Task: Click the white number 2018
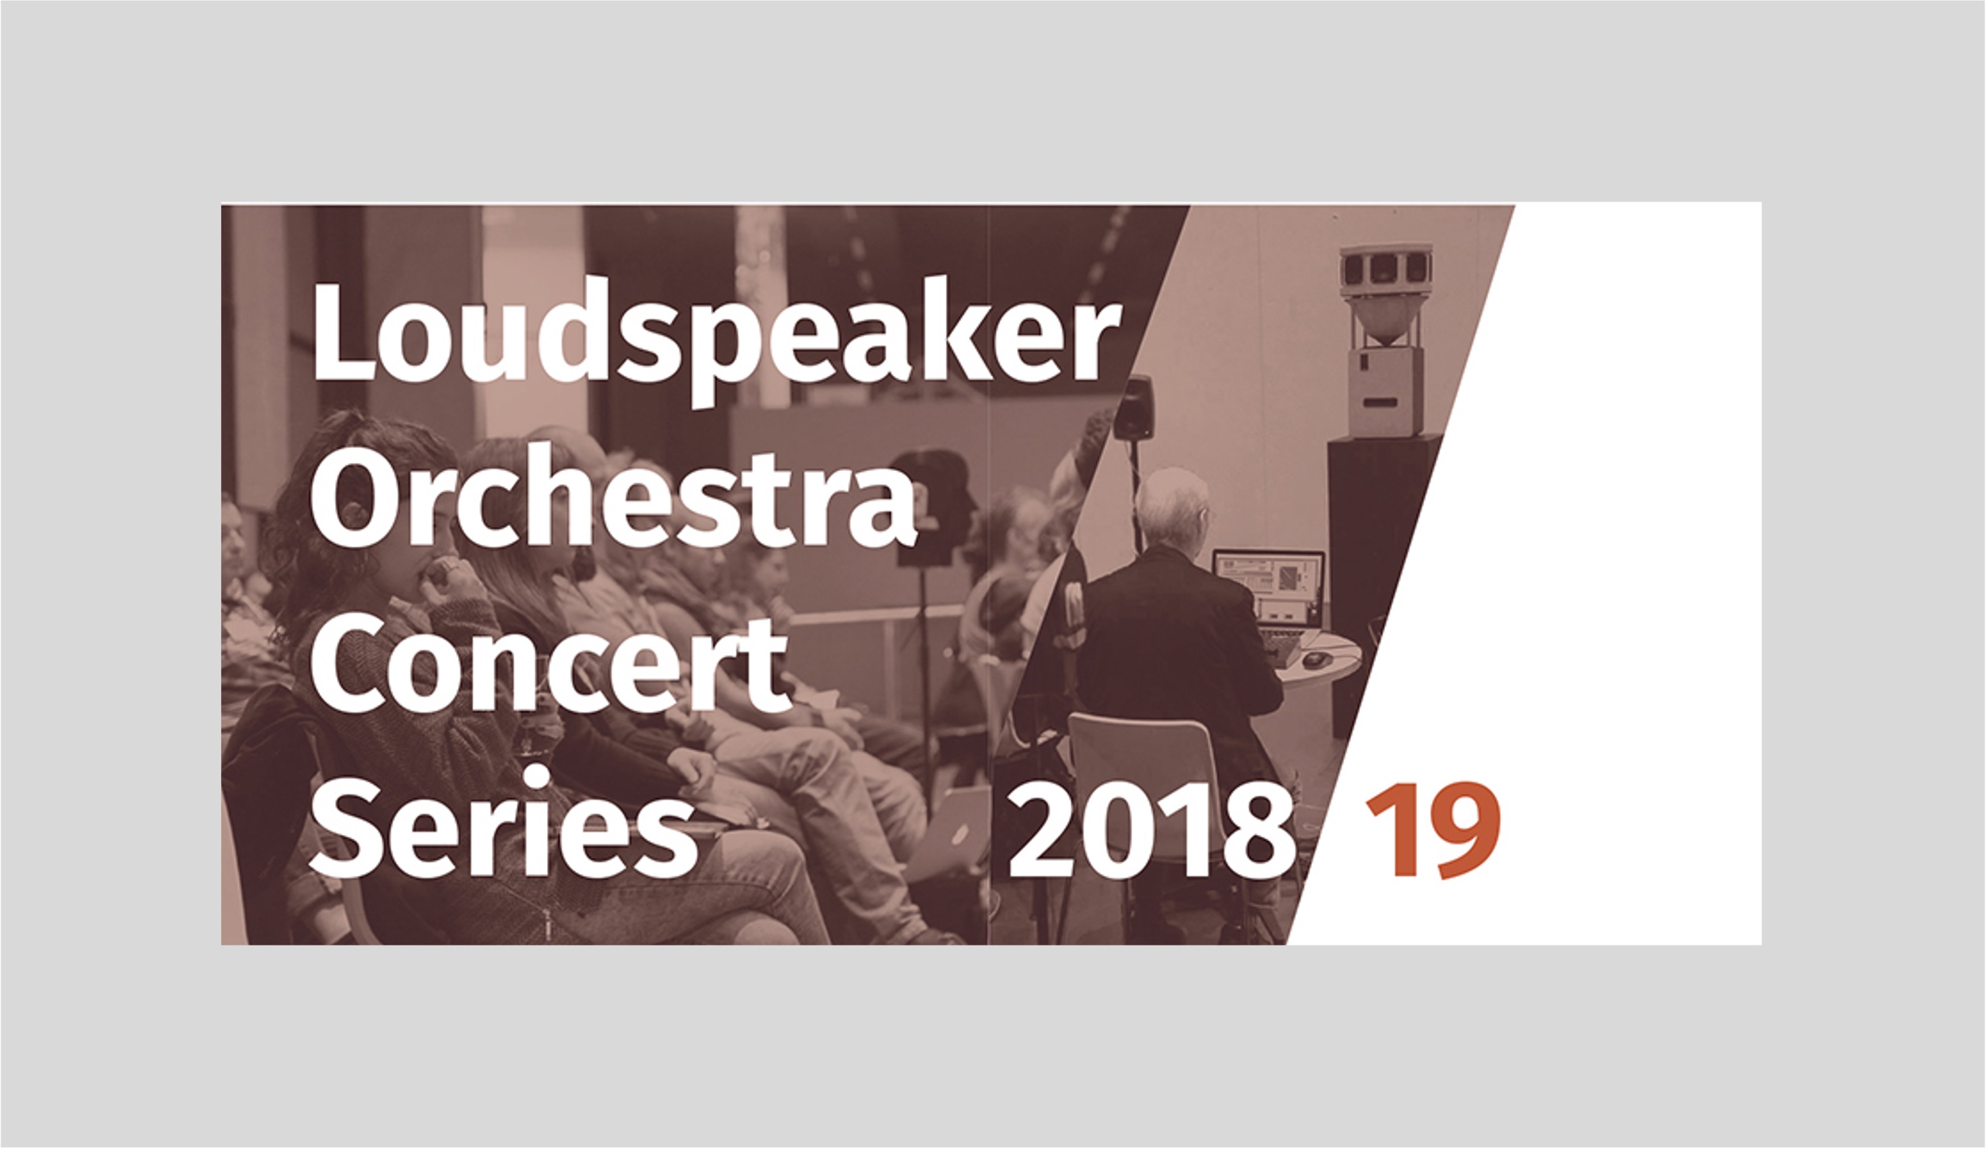pyautogui.click(x=1152, y=832)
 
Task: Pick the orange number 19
pyautogui.click(x=1433, y=831)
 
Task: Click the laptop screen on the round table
pyautogui.click(x=1268, y=576)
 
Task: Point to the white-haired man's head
pyautogui.click(x=1172, y=508)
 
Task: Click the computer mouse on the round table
pyautogui.click(x=1313, y=659)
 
